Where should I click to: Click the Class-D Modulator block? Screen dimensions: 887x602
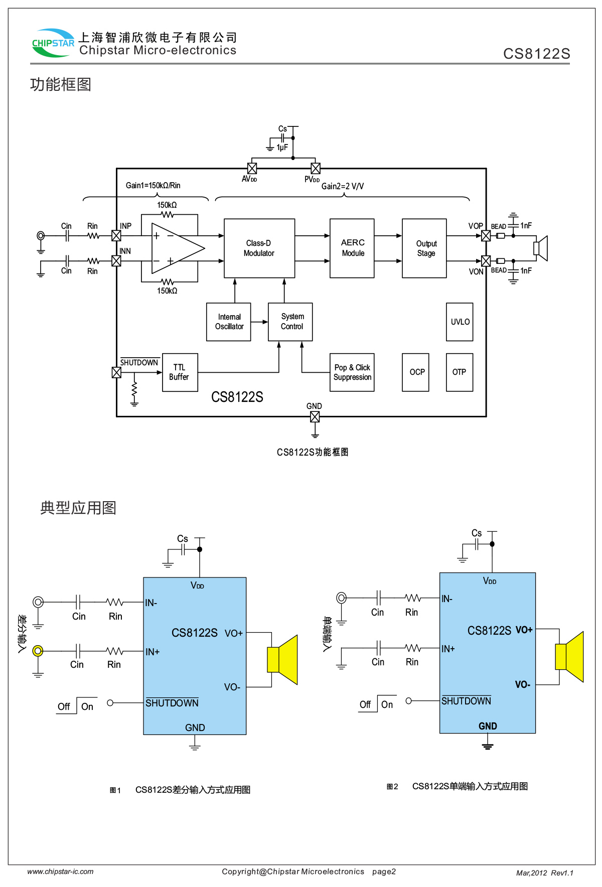(x=259, y=248)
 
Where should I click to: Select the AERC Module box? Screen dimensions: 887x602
(x=352, y=248)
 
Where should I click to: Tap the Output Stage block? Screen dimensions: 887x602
(x=424, y=248)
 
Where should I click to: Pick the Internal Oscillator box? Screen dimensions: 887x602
(x=229, y=322)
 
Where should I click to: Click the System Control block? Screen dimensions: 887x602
(x=290, y=322)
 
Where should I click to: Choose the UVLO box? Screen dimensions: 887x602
(x=460, y=322)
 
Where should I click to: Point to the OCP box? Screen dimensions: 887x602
(x=415, y=372)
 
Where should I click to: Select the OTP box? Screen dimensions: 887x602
(x=460, y=372)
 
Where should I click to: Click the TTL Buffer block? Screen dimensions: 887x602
(x=180, y=372)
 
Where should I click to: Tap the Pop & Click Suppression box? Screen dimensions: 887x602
(x=352, y=372)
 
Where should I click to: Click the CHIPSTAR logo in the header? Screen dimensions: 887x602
(x=53, y=43)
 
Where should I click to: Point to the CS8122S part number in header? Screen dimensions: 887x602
(x=536, y=54)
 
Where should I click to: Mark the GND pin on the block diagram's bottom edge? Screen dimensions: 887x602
(x=315, y=417)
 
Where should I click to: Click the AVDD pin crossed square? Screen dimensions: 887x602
(x=252, y=169)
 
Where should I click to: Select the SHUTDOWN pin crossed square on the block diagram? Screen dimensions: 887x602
(x=116, y=372)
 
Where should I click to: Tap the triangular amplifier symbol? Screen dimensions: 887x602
(x=177, y=248)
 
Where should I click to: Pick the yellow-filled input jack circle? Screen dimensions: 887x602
(x=38, y=651)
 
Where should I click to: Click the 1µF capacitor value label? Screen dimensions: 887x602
(x=282, y=147)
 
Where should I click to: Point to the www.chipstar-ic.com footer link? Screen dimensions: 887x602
(x=60, y=871)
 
